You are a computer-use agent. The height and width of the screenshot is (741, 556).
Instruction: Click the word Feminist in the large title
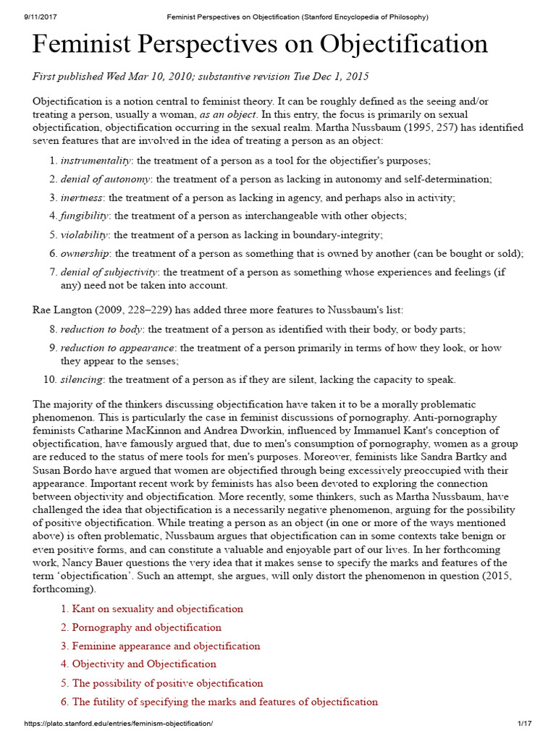pyautogui.click(x=86, y=46)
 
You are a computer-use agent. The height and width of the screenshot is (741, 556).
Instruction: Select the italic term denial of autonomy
pyautogui.click(x=106, y=179)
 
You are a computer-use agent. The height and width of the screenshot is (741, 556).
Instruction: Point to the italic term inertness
pyautogui.click(x=82, y=198)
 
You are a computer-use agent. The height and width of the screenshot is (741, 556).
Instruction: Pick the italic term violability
pyautogui.click(x=85, y=234)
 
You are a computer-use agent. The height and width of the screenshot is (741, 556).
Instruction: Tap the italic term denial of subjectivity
pyautogui.click(x=109, y=272)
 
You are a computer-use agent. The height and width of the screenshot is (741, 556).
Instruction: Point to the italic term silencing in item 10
pyautogui.click(x=81, y=379)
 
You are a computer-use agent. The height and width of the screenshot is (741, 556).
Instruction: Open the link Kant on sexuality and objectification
pyautogui.click(x=157, y=609)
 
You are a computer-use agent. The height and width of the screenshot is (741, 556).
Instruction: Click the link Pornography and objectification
pyautogui.click(x=146, y=627)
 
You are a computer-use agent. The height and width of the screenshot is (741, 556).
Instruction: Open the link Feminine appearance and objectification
pyautogui.click(x=166, y=645)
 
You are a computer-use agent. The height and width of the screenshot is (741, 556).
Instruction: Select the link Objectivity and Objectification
pyautogui.click(x=144, y=664)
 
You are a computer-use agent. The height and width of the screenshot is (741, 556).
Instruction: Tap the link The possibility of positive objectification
pyautogui.click(x=167, y=683)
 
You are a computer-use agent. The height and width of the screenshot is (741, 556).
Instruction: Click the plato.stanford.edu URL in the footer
pyautogui.click(x=119, y=724)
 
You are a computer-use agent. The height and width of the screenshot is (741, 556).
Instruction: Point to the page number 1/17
pyautogui.click(x=525, y=724)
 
